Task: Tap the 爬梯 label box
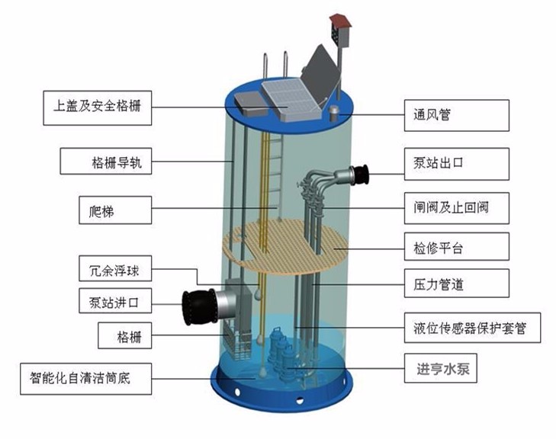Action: tap(115, 210)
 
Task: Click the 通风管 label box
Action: tap(455, 116)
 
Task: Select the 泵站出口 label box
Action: tap(455, 163)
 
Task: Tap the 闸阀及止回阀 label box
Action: tap(455, 206)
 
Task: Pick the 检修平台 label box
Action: tap(455, 247)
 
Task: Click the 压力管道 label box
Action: tap(455, 286)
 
